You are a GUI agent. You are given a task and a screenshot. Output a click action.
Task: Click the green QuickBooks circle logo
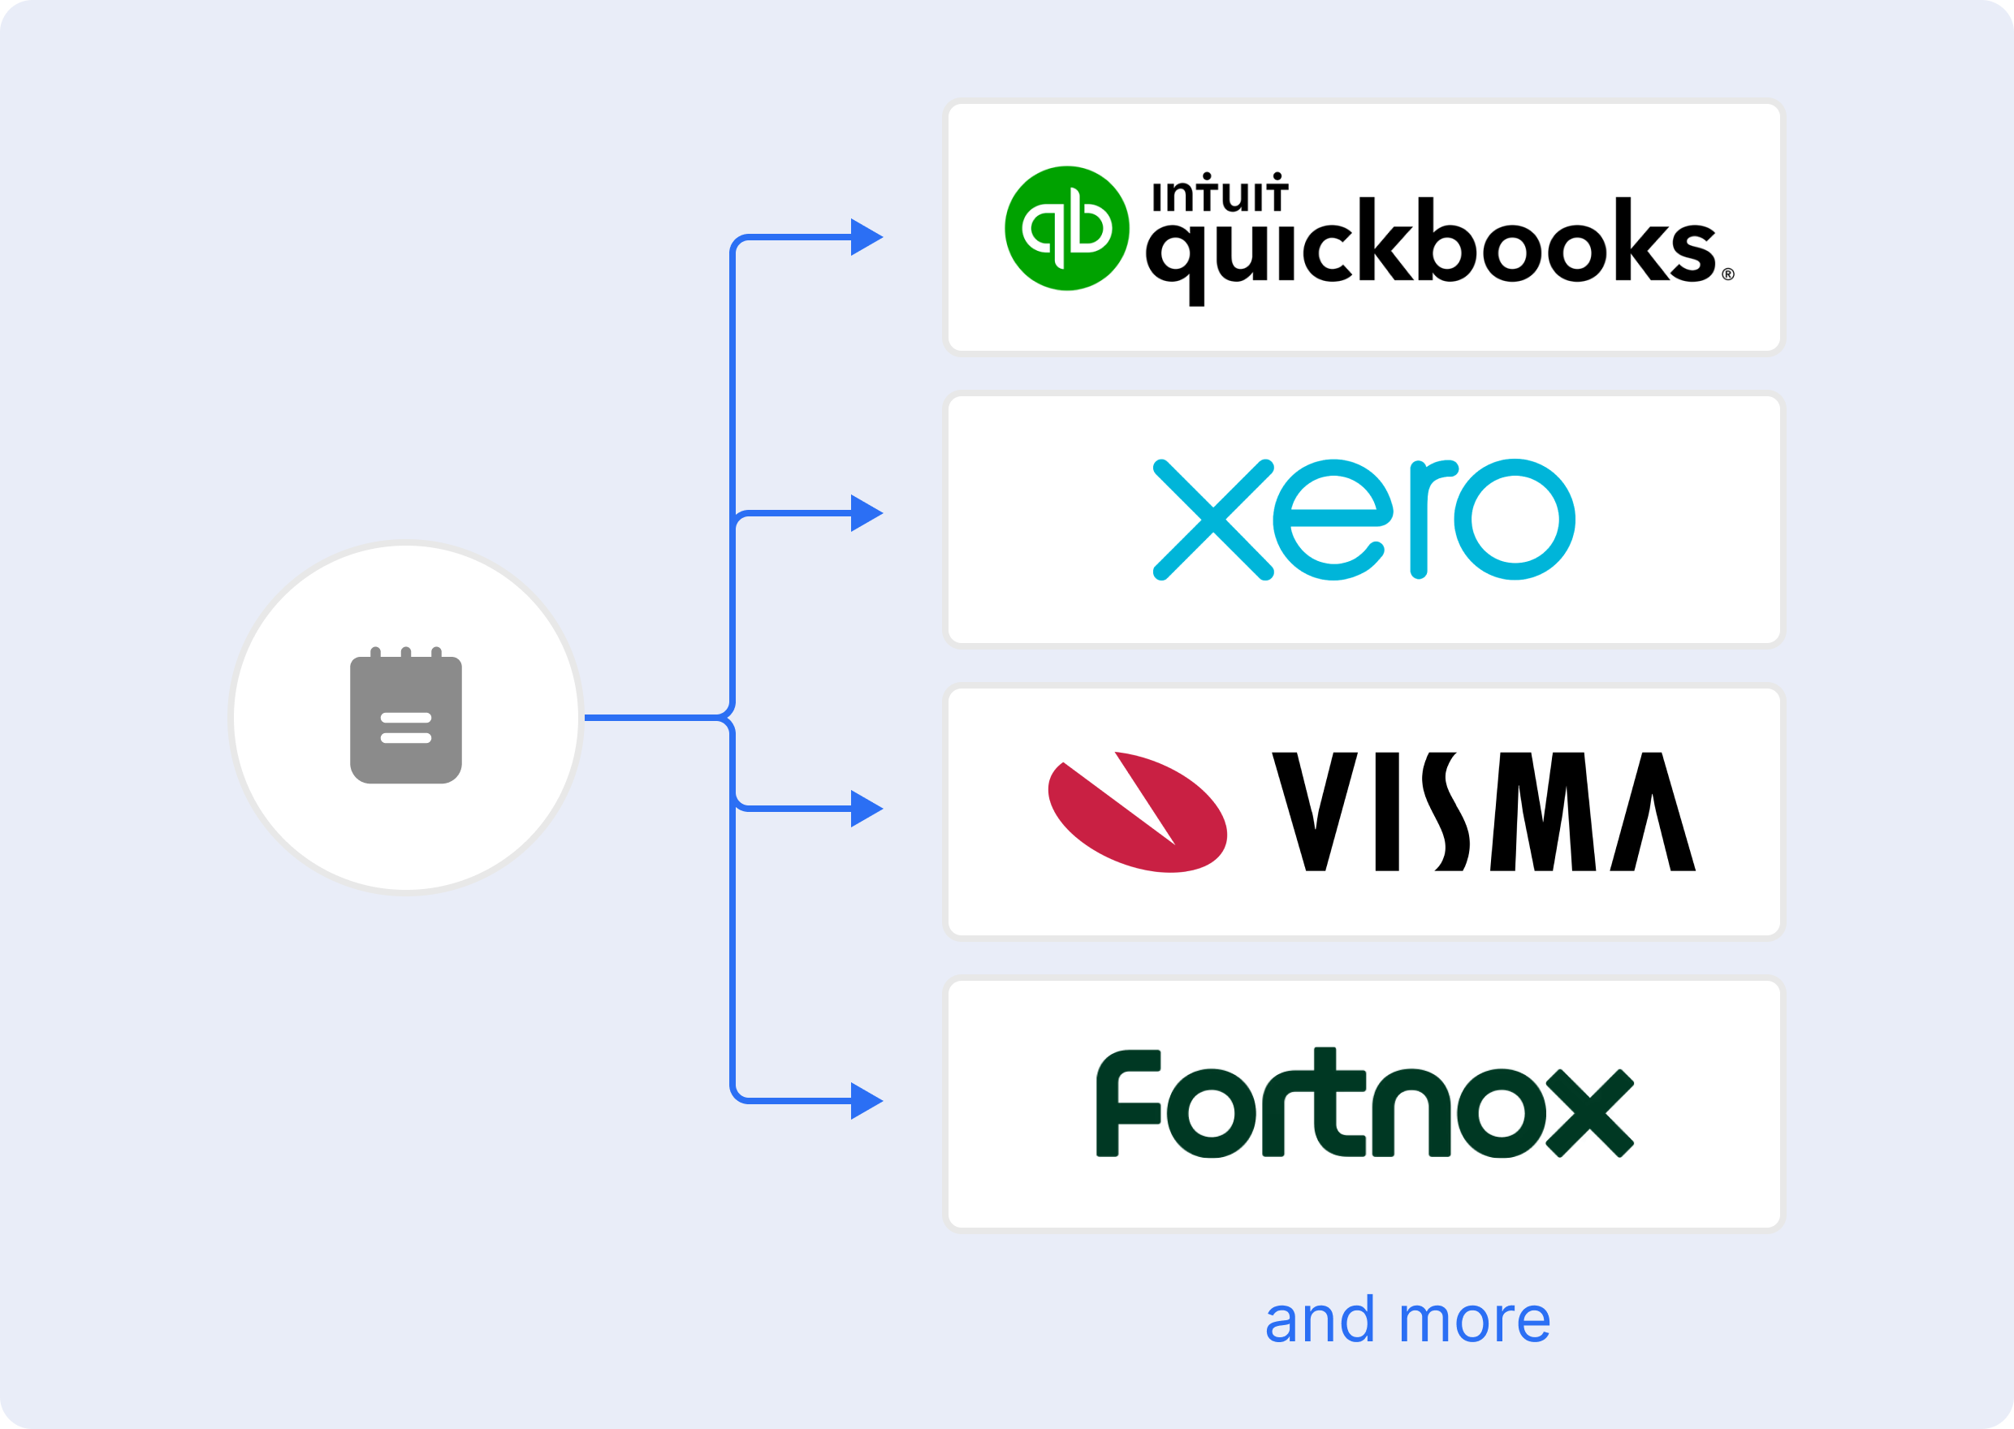coord(1066,228)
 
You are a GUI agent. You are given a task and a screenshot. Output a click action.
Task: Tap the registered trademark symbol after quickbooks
coord(1727,274)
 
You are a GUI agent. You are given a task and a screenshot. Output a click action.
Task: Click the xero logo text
coord(1363,519)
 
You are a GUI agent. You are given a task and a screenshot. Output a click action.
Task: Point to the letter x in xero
coord(1212,519)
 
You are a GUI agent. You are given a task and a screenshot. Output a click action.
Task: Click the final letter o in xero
coord(1514,519)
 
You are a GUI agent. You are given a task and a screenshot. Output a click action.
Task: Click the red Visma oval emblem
coord(1137,811)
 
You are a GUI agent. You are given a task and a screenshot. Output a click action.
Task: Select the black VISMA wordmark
coord(1484,811)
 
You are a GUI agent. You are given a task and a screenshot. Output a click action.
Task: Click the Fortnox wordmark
coord(1364,1103)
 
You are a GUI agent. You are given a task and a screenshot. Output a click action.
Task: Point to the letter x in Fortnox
coord(1589,1113)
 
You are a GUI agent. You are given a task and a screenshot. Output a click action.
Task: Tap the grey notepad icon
coord(405,717)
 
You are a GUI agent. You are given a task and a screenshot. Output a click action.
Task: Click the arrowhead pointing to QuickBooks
coord(866,237)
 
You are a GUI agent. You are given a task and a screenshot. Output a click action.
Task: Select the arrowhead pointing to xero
coord(866,513)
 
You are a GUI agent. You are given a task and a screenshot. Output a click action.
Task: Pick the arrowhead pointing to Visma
coord(866,808)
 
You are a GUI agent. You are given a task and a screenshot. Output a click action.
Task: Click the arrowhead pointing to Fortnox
coord(866,1101)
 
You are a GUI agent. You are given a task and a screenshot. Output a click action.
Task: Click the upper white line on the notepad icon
coord(405,717)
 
